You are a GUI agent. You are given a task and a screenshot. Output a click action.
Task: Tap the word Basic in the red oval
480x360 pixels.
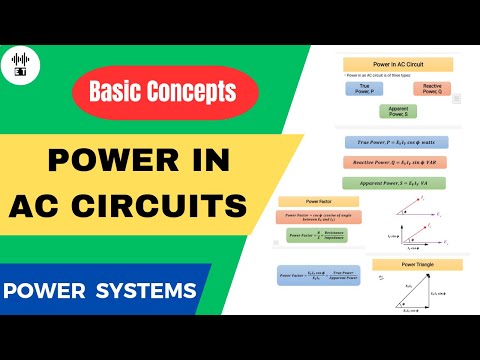[118, 92]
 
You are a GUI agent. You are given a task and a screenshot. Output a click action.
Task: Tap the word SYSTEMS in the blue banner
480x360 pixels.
[150, 292]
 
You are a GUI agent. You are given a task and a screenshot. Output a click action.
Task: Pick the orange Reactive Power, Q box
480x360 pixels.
[432, 88]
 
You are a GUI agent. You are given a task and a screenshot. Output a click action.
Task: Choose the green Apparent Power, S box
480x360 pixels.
[398, 111]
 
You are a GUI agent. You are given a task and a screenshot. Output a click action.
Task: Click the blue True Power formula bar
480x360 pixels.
[397, 143]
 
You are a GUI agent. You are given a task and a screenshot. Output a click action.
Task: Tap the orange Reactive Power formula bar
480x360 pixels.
[397, 162]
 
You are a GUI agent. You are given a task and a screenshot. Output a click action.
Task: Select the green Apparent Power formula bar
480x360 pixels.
[397, 183]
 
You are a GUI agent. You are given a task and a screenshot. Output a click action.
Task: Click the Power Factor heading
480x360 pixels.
[304, 200]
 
